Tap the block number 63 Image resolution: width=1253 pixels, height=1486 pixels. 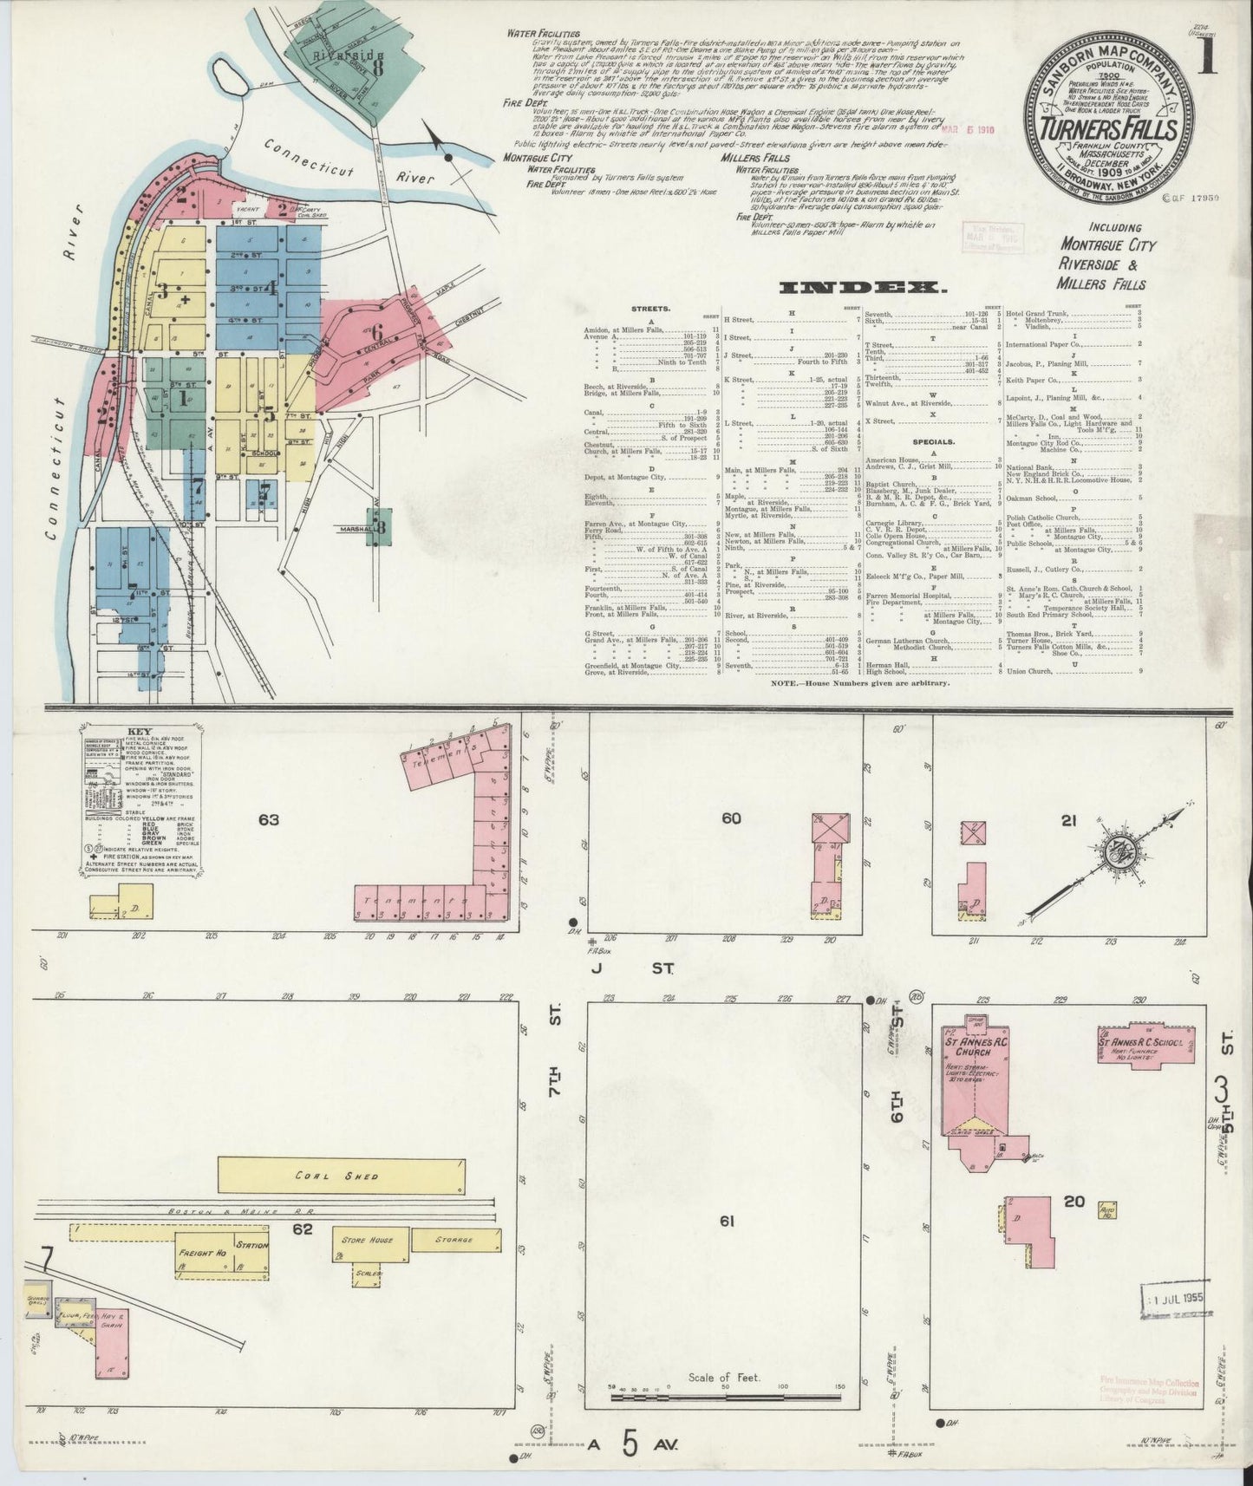pos(269,818)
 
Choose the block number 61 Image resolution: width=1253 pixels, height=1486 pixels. pos(726,1222)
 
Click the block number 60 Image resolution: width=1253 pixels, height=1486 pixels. pos(731,818)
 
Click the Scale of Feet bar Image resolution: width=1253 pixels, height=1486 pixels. pos(727,1397)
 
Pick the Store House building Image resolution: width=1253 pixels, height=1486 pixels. pos(369,1240)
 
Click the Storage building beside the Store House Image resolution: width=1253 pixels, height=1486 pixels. pos(454,1240)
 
